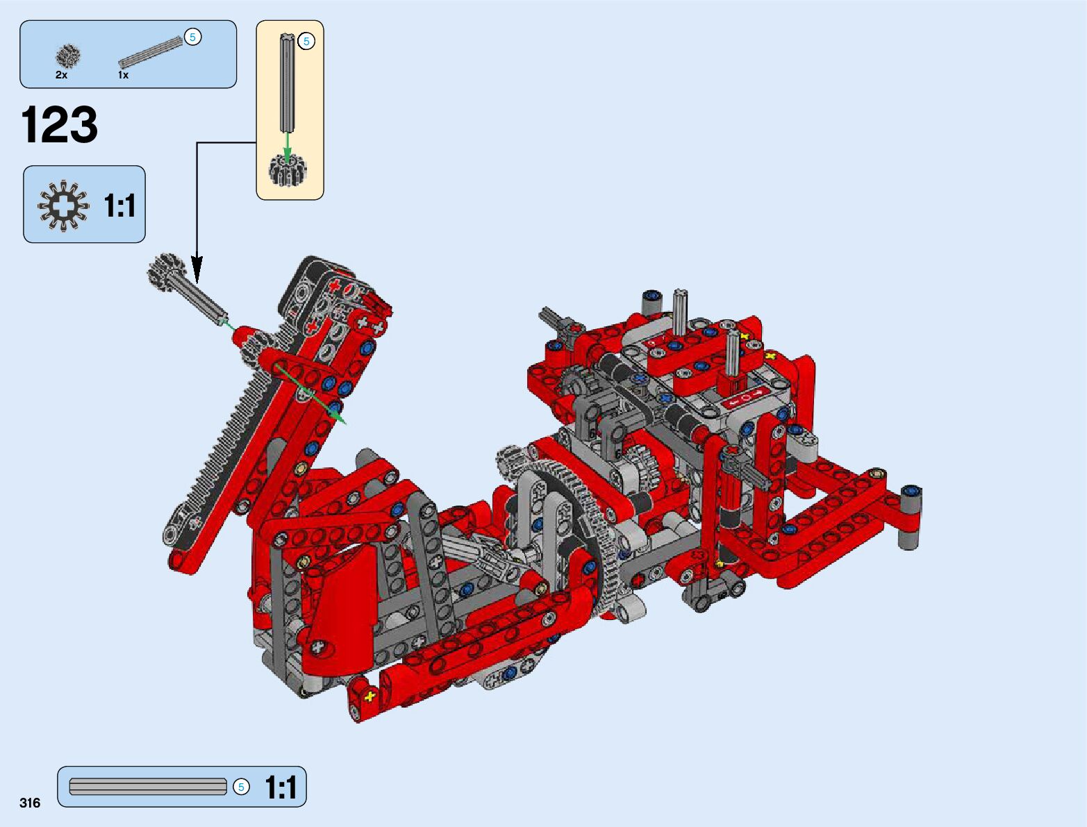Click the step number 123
click(x=60, y=124)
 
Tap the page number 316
click(x=30, y=803)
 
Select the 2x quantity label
click(x=61, y=75)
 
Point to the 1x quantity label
click(x=124, y=75)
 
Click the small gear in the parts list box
click(x=68, y=56)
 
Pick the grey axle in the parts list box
click(x=151, y=52)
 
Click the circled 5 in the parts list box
click(x=192, y=37)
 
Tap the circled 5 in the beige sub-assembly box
click(x=306, y=42)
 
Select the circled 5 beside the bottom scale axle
click(x=241, y=787)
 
